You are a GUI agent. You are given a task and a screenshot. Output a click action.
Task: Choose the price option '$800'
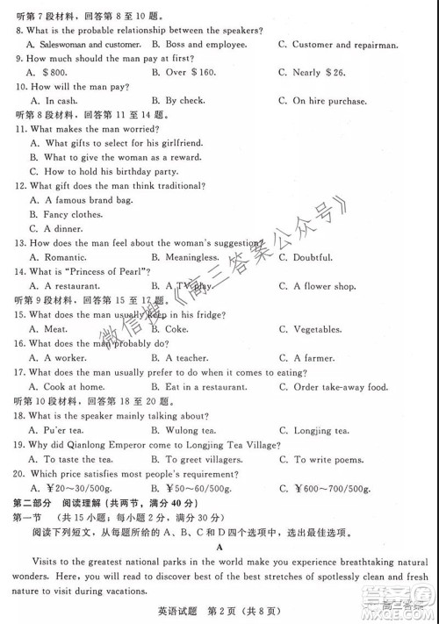pyautogui.click(x=56, y=72)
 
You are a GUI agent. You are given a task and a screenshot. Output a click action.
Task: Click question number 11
pyautogui.click(x=21, y=129)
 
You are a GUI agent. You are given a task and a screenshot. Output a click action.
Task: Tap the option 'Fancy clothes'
pyautogui.click(x=74, y=214)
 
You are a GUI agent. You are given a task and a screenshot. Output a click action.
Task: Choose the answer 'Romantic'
pyautogui.click(x=67, y=257)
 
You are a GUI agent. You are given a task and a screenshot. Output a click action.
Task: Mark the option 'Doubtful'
pyautogui.click(x=320, y=257)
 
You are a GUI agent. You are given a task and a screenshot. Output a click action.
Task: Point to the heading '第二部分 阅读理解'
pyautogui.click(x=72, y=502)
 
